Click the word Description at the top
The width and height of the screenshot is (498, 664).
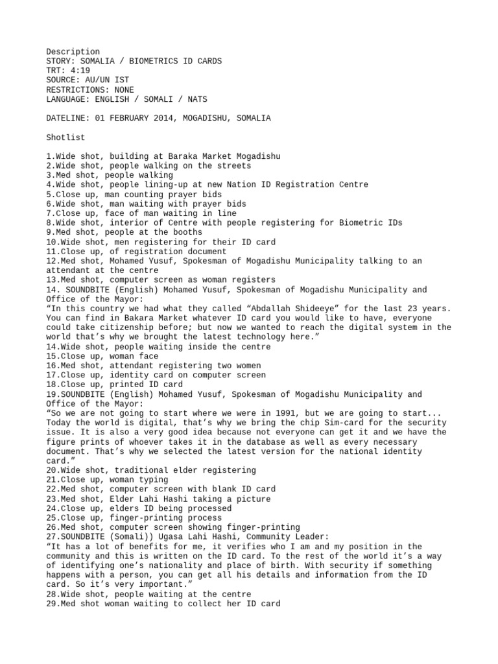click(73, 52)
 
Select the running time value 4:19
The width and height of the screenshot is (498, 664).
click(83, 71)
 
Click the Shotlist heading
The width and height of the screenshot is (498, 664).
click(66, 137)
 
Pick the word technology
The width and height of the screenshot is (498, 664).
click(246, 337)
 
